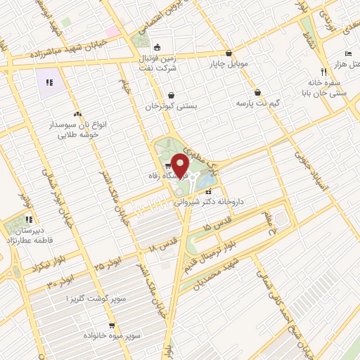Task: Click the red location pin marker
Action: (x=181, y=166)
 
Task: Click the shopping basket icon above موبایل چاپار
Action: (x=229, y=53)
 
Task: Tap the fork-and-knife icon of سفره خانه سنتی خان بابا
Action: (x=323, y=71)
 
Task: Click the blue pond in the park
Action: (x=208, y=181)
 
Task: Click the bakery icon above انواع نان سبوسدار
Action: (x=77, y=113)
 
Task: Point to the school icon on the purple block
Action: (x=49, y=83)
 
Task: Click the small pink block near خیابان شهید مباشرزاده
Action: (x=112, y=32)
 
